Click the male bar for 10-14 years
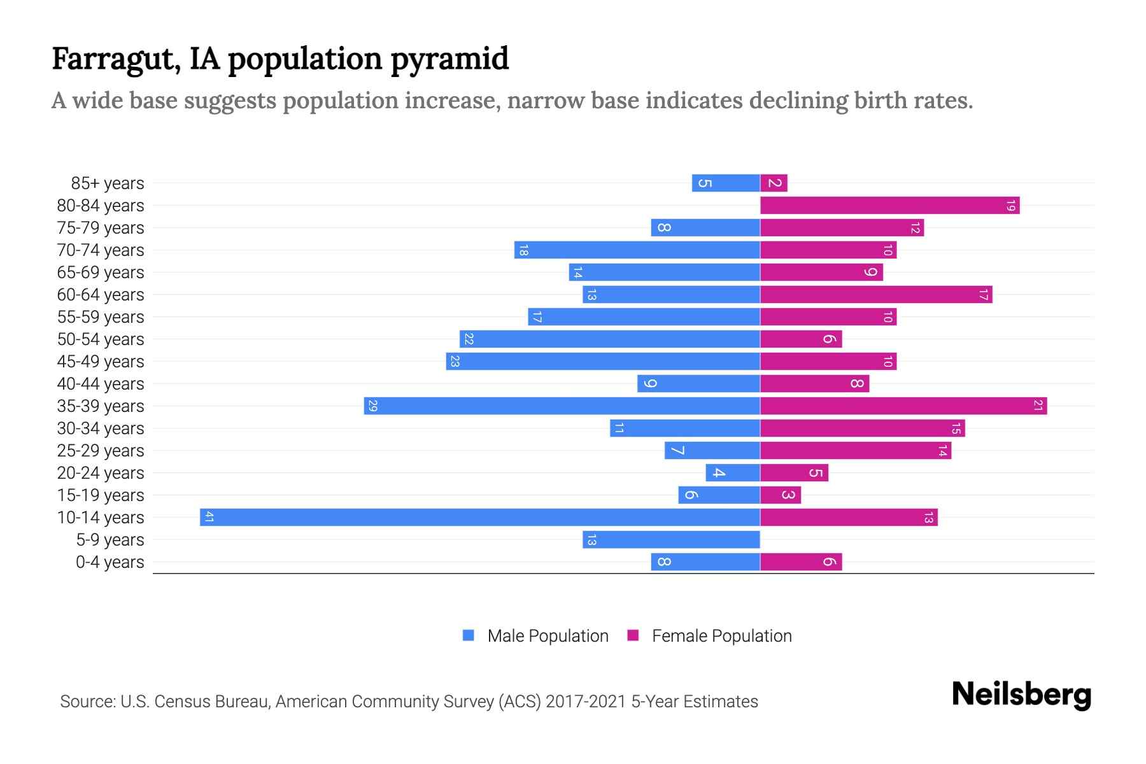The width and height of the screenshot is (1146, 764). point(480,517)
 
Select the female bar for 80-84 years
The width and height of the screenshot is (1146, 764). point(889,205)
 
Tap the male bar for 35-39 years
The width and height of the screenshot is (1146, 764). point(562,406)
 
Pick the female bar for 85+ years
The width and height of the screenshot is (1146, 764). point(774,183)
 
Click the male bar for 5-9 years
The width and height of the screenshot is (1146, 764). point(671,539)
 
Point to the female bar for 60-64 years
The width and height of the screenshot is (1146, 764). point(876,294)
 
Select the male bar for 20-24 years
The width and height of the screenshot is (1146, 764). point(733,472)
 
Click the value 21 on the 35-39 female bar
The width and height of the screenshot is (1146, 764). point(1038,406)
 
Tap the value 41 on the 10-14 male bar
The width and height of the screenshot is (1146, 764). point(209,517)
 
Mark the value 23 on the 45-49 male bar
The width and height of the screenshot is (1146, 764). point(455,361)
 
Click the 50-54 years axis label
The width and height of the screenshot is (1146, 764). point(101,339)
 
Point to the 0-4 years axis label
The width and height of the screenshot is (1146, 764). point(110,562)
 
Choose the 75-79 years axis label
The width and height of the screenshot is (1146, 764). point(101,228)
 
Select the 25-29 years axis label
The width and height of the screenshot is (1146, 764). point(101,451)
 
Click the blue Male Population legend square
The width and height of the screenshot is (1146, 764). point(469,635)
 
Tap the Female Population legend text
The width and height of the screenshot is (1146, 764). point(721,635)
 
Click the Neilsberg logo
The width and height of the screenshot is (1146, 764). point(1021,695)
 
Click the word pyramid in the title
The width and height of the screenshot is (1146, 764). point(449,59)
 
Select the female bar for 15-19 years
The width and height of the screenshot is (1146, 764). point(781,495)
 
